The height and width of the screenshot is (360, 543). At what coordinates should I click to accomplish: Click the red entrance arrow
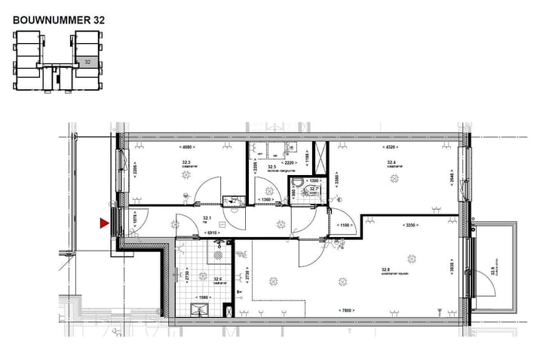[x=105, y=223]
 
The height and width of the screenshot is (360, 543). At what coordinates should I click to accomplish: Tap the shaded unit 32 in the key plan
[x=88, y=63]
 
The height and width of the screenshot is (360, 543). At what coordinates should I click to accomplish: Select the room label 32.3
[x=186, y=161]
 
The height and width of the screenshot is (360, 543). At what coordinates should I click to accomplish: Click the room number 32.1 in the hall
[x=206, y=218]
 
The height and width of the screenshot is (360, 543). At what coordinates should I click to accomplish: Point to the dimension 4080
[x=186, y=148]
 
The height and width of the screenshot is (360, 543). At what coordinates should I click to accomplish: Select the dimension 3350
[x=411, y=225]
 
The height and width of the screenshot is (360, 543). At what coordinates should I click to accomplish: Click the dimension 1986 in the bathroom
[x=203, y=297]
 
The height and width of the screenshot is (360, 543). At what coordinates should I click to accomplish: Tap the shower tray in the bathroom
[x=204, y=308]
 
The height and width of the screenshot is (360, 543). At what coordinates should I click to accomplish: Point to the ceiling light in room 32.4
[x=392, y=178]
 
